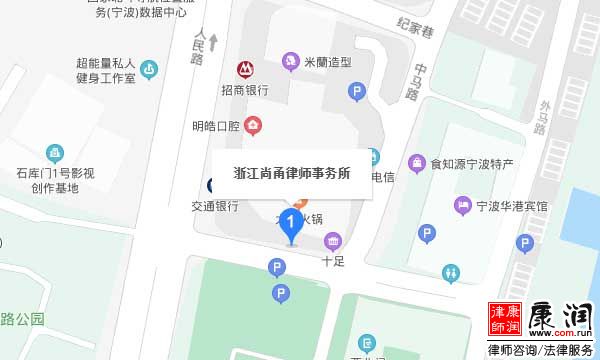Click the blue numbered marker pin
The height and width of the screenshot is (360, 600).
point(290,223)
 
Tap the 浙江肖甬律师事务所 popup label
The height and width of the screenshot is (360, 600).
point(291,172)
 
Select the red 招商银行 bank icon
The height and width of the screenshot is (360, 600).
point(244,69)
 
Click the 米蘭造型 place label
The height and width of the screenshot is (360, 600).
point(329,62)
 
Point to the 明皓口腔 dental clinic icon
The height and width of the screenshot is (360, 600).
point(254,126)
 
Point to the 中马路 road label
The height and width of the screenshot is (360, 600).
point(416,82)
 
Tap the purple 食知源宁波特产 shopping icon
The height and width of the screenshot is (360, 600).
point(416,163)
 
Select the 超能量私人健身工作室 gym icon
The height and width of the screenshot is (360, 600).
point(149,69)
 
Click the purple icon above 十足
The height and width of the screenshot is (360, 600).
point(332,240)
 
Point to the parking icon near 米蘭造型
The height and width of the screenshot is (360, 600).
point(356,93)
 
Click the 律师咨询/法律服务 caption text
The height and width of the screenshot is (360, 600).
point(540,351)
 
